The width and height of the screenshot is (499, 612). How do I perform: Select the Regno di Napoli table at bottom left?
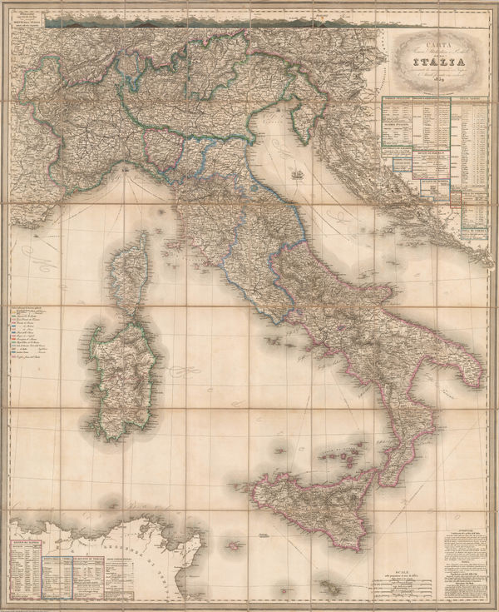tap(25, 570)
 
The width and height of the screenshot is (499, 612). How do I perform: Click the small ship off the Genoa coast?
tap(126, 168)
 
